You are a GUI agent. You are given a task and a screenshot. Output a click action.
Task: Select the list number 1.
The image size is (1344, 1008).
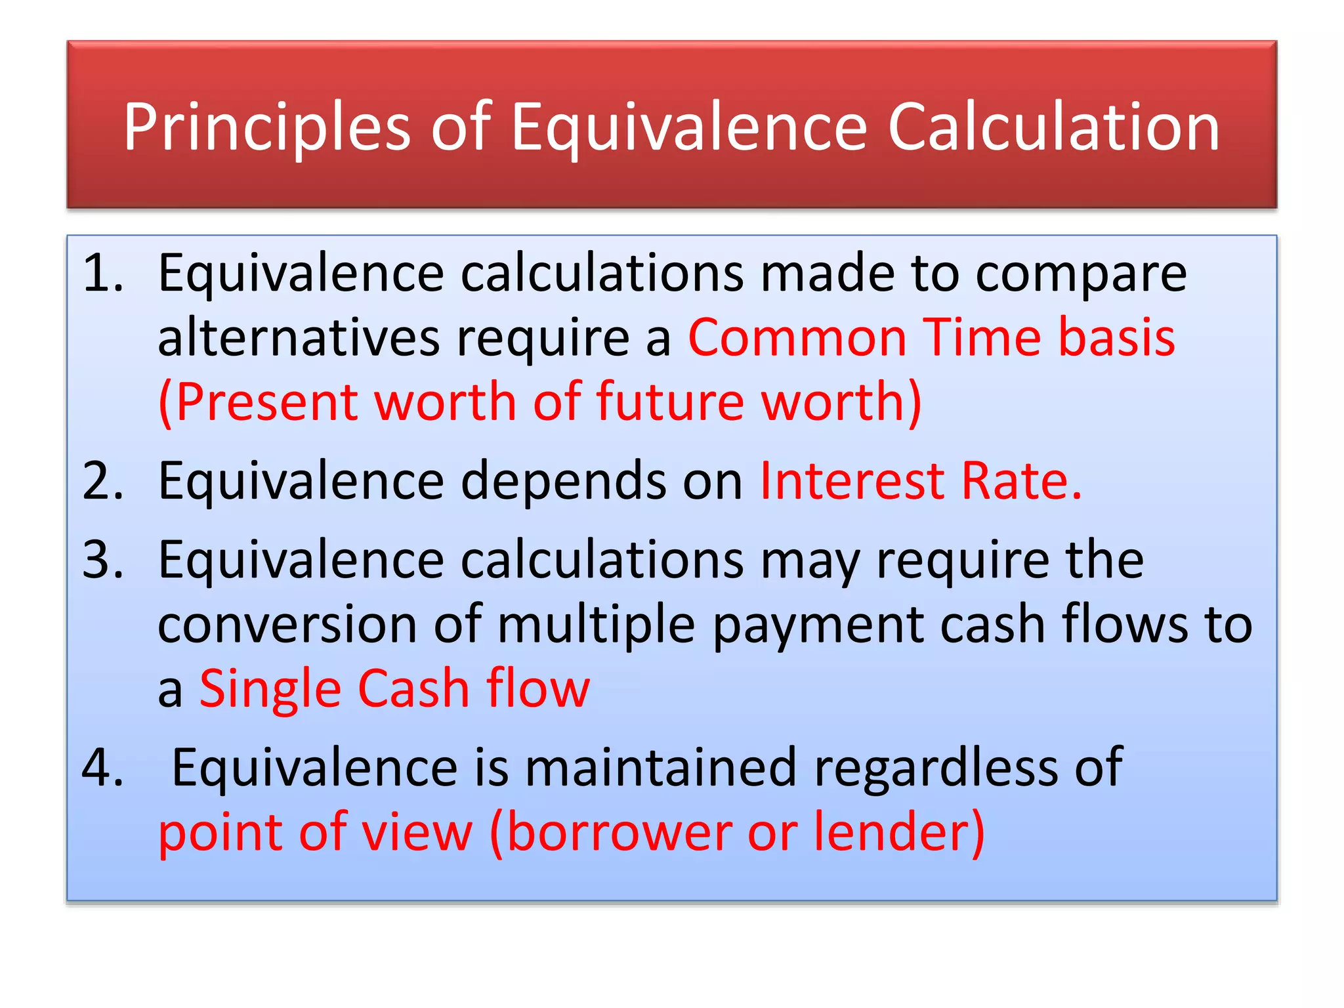pyautogui.click(x=103, y=273)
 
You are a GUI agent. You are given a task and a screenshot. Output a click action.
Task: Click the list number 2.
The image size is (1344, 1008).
pyautogui.click(x=103, y=481)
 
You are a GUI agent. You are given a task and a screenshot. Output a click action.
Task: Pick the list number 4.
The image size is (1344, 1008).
pyautogui.click(x=103, y=767)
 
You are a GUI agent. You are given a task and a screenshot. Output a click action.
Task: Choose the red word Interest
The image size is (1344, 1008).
pyautogui.click(x=851, y=481)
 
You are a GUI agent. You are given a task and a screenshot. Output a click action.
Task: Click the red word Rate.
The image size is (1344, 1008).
pyautogui.click(x=1020, y=481)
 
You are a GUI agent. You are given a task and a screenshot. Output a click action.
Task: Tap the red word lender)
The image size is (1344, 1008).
pyautogui.click(x=900, y=832)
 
